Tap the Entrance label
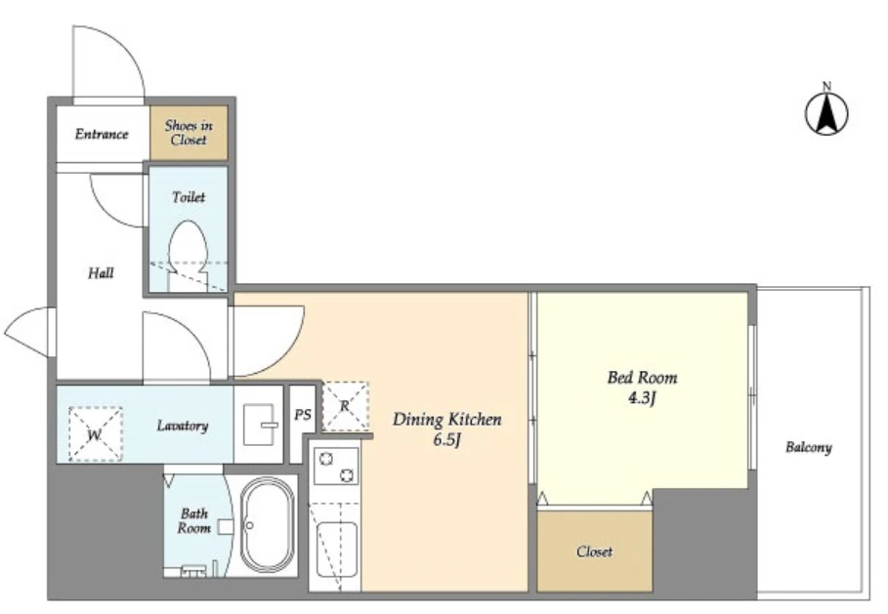tap(102, 134)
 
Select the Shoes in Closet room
tap(189, 133)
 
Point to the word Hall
tap(101, 273)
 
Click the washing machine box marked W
tap(95, 433)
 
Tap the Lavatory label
tap(183, 426)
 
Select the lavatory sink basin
tap(260, 425)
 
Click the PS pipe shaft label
tap(303, 415)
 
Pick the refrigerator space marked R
tap(346, 406)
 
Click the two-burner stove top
tap(336, 466)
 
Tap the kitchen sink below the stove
tap(336, 550)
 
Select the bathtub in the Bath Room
tap(268, 526)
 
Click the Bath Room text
tap(194, 520)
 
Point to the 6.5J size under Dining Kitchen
tap(446, 439)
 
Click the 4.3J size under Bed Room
tap(642, 398)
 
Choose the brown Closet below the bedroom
tap(595, 552)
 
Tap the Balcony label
tap(809, 448)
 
